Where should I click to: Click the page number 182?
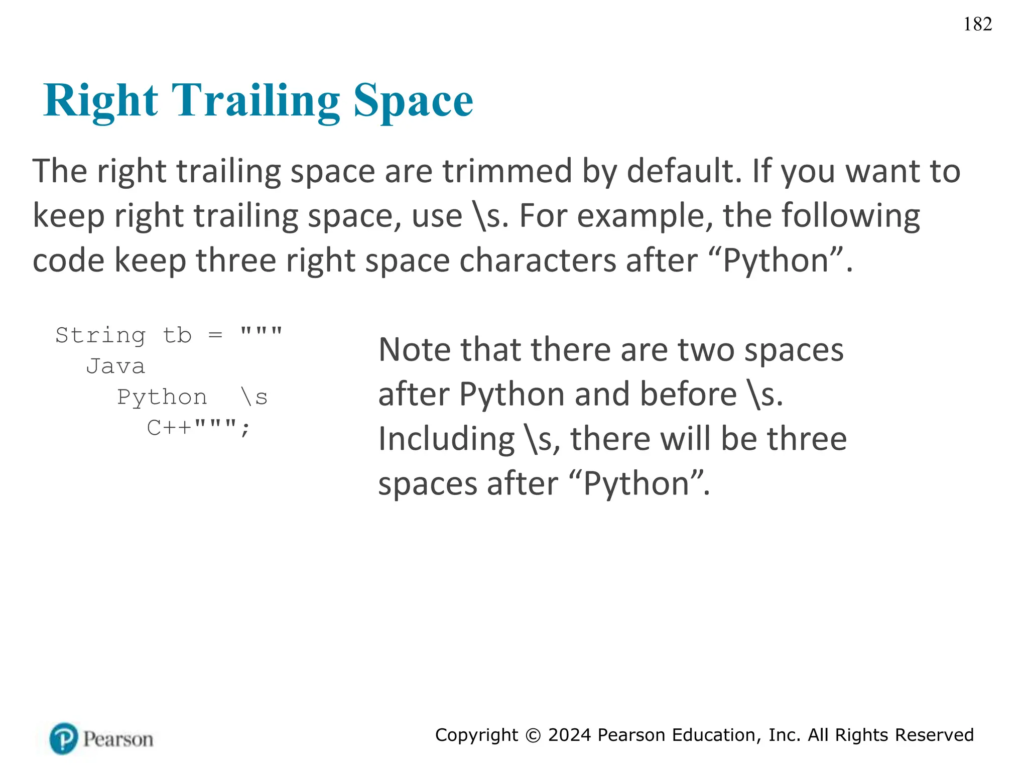tap(977, 24)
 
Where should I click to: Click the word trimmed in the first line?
tap(507, 171)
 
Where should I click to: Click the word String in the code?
tap(100, 335)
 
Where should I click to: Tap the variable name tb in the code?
tap(177, 335)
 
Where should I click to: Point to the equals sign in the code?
tap(215, 335)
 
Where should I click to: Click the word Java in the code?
tap(115, 366)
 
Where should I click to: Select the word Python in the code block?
tap(162, 398)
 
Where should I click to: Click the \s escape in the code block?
tap(254, 398)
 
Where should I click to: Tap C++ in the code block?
tap(170, 428)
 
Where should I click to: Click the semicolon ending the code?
tap(245, 429)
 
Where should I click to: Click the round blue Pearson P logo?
tap(64, 738)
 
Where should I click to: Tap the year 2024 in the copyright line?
tap(569, 735)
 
